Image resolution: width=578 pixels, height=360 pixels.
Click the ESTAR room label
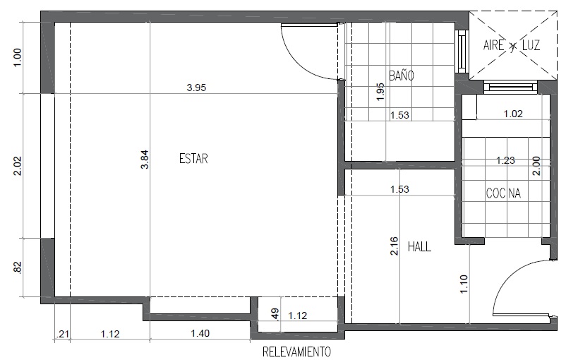193,159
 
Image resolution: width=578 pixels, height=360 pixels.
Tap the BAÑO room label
402,76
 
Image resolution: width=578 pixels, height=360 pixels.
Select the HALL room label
419,246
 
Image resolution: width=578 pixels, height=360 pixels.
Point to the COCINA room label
503,193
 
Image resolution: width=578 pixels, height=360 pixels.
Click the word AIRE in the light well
493,45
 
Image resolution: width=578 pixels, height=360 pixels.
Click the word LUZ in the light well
531,45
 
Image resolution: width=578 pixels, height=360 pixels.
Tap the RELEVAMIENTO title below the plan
296,352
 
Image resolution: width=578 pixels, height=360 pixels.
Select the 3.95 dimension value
196,88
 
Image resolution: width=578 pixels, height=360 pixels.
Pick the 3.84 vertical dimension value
145,160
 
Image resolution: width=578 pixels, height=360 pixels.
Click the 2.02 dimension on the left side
18,166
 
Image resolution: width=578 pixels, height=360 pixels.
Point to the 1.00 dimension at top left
18,58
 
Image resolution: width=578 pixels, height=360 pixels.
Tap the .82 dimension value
18,268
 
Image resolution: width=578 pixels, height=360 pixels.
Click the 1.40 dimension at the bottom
200,333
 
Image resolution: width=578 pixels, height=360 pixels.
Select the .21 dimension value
62,334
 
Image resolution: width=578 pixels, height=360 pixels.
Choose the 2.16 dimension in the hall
394,246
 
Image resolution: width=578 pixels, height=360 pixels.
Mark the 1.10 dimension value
464,284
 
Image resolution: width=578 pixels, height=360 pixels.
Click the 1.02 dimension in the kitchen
513,114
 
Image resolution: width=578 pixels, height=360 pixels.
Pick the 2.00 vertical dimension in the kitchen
536,166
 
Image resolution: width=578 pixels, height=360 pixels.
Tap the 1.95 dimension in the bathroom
381,92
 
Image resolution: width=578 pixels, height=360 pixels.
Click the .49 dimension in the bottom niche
275,314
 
